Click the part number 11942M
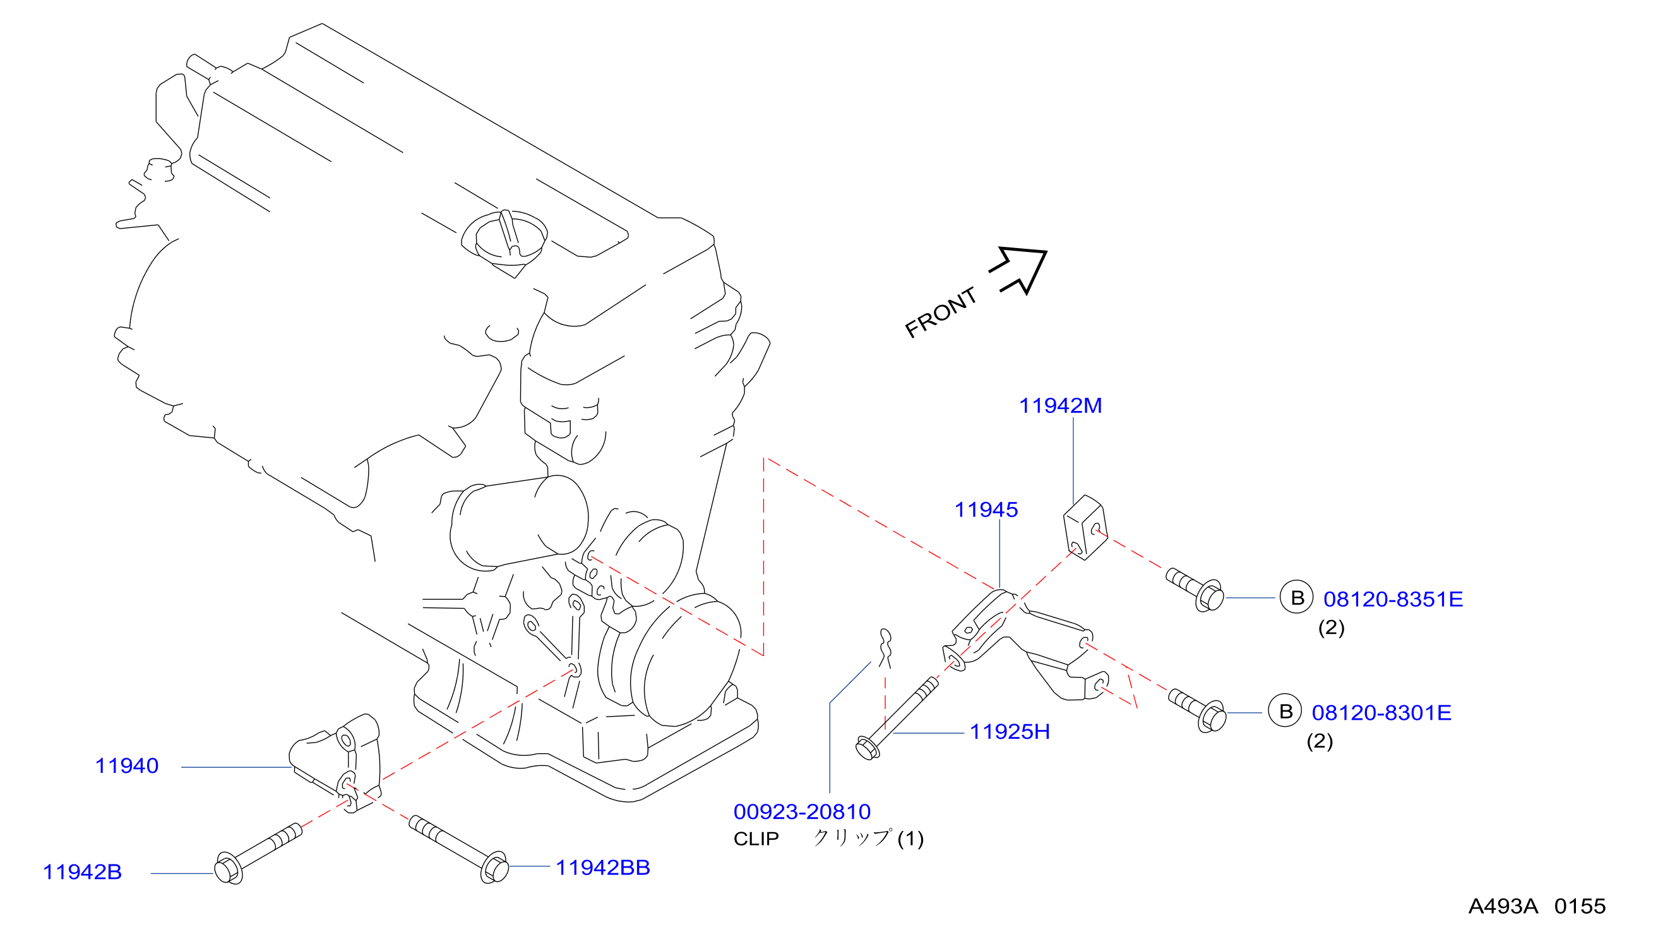(x=1060, y=406)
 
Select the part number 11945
(x=986, y=510)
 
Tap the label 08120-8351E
(x=1393, y=599)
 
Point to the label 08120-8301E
(x=1381, y=713)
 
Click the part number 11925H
(x=1010, y=732)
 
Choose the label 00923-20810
(x=802, y=812)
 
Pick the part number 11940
(x=127, y=766)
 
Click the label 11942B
(x=82, y=872)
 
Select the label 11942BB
(x=603, y=868)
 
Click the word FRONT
(x=941, y=313)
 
